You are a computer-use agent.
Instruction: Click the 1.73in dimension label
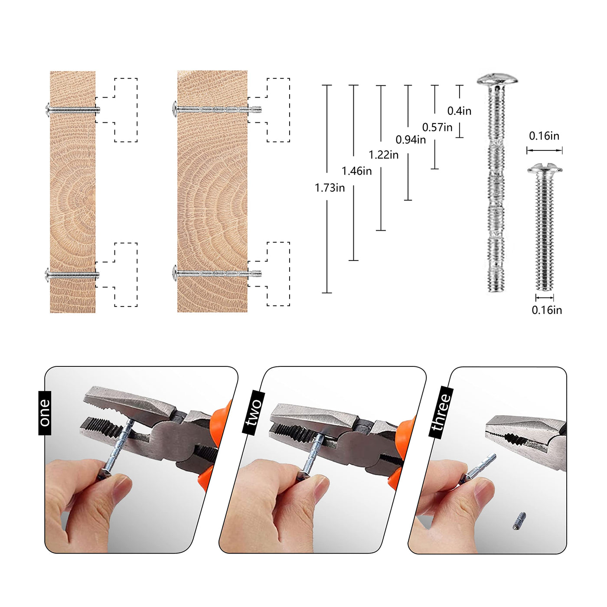click(330, 188)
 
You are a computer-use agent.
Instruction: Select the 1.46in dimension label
click(356, 171)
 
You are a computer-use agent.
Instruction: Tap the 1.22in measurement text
click(383, 155)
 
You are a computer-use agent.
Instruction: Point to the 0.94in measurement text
click(411, 140)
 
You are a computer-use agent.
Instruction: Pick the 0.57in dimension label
click(437, 127)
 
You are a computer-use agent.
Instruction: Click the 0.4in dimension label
click(459, 111)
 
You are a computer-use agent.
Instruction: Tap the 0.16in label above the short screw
click(544, 136)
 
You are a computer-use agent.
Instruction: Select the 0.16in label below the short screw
click(547, 310)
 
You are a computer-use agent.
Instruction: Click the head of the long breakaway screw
click(497, 79)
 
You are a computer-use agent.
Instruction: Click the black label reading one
click(45, 413)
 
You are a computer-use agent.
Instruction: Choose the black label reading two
click(254, 412)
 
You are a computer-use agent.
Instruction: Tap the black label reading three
click(441, 412)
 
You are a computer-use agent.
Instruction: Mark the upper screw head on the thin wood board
click(48, 110)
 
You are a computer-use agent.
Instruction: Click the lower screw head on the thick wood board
click(175, 273)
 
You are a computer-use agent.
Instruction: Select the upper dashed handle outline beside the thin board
click(126, 78)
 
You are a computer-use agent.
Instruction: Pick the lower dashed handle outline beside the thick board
click(278, 242)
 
